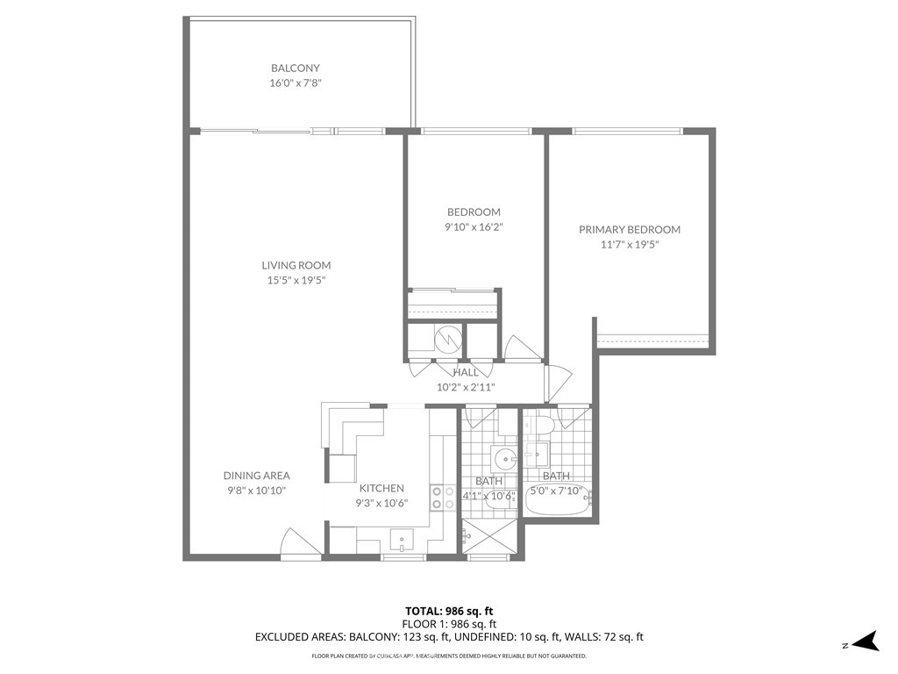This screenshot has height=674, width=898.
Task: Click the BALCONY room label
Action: pyautogui.click(x=295, y=68)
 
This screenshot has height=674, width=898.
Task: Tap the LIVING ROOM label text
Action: pyautogui.click(x=296, y=265)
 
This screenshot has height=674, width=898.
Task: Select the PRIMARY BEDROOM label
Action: pyautogui.click(x=630, y=229)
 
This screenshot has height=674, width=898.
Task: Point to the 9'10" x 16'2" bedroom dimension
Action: pyautogui.click(x=474, y=227)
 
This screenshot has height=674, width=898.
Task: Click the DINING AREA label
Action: pyautogui.click(x=257, y=476)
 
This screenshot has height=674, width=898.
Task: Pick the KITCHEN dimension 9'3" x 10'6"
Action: pyautogui.click(x=381, y=503)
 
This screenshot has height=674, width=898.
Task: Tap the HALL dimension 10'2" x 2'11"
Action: pyautogui.click(x=466, y=387)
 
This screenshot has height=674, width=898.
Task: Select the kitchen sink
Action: pyautogui.click(x=402, y=540)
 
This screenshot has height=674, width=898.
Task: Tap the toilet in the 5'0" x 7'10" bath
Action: pyautogui.click(x=541, y=426)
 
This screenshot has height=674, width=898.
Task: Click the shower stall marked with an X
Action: pyautogui.click(x=489, y=536)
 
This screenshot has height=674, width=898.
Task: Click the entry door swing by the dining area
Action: pyautogui.click(x=301, y=541)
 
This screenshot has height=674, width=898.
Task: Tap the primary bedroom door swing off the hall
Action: pyautogui.click(x=559, y=383)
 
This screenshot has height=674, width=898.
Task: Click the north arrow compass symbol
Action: pyautogui.click(x=866, y=642)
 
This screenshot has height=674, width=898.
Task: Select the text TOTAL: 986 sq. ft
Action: pyautogui.click(x=449, y=611)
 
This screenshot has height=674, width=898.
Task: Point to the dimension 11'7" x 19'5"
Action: pyautogui.click(x=630, y=245)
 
